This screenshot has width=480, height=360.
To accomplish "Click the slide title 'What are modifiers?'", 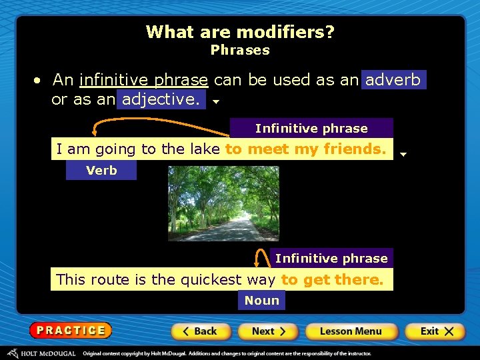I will (240, 31).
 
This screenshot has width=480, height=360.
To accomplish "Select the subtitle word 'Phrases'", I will (240, 50).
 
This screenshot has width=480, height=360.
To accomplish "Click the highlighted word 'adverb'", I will (393, 80).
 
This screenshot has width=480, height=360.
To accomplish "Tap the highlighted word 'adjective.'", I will (161, 100).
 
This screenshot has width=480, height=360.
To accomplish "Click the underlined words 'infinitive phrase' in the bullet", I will (143, 80).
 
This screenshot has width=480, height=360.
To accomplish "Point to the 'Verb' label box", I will (101, 171).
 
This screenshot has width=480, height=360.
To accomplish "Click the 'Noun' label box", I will (261, 301).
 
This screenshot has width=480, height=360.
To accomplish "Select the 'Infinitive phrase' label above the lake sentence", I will (311, 128).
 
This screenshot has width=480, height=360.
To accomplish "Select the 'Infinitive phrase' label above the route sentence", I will (331, 258).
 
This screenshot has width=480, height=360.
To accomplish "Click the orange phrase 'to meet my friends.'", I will (305, 149).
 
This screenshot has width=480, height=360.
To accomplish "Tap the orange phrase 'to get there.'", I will (332, 280).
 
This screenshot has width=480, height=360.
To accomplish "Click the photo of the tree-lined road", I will (223, 203).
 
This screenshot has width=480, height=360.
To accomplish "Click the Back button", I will (201, 331).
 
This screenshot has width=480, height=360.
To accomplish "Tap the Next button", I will (268, 331).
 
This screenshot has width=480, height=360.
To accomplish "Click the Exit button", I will (433, 331).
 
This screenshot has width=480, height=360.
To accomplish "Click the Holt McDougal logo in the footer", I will (41, 353).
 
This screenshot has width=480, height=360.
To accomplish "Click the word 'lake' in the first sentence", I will (204, 149).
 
